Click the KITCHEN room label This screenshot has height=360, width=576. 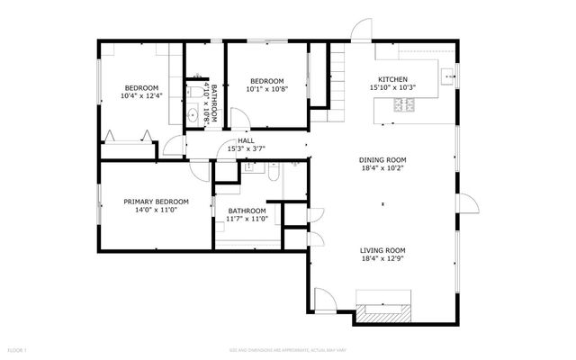click(x=392, y=79)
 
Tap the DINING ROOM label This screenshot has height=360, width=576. click(x=383, y=158)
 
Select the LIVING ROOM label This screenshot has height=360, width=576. click(x=383, y=251)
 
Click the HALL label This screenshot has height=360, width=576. click(x=245, y=140)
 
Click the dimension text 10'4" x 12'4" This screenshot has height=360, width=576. click(x=142, y=96)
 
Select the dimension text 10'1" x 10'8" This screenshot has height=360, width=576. click(x=266, y=88)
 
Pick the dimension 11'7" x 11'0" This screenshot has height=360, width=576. click(x=247, y=220)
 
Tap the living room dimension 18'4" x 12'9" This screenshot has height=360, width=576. click(x=383, y=260)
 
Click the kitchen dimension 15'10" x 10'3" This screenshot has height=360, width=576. click(x=392, y=88)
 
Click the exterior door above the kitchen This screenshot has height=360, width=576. click(x=361, y=31)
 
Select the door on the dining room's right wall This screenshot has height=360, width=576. click(x=467, y=206)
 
